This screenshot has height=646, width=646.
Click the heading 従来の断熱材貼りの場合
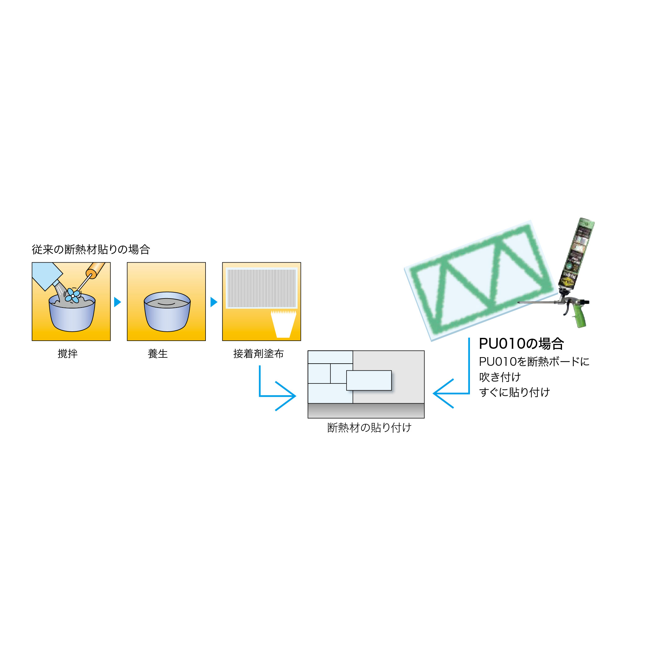click(91, 250)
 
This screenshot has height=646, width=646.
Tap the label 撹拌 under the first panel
click(68, 353)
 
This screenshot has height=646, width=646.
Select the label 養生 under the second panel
click(157, 353)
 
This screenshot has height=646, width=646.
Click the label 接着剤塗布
click(258, 353)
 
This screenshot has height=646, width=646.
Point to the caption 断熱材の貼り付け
click(369, 428)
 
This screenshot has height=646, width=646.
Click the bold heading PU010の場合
click(521, 343)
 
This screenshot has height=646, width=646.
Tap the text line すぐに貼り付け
click(514, 392)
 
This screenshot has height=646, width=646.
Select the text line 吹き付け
click(500, 377)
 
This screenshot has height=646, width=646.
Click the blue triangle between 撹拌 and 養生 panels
click(117, 302)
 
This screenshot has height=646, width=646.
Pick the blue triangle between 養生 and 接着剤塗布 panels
click(214, 302)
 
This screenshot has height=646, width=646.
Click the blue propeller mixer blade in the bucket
click(73, 296)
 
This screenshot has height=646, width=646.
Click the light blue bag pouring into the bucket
click(46, 275)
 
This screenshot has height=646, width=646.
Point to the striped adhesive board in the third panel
click(262, 288)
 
